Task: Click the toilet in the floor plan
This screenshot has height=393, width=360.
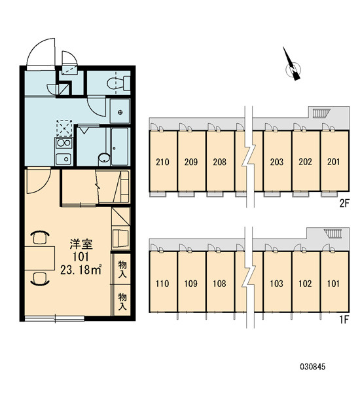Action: tap(118, 83)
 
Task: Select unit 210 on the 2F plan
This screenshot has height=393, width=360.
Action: tap(162, 162)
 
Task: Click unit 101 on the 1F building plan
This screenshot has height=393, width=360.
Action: tap(333, 284)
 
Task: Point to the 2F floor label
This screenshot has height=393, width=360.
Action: tap(344, 203)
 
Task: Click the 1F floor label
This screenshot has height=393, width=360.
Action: tap(344, 320)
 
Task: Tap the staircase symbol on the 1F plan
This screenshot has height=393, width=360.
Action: tap(333, 233)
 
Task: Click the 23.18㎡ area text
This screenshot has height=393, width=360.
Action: tap(81, 270)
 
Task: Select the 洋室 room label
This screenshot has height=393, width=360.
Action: tap(81, 244)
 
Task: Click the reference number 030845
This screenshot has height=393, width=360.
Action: tap(313, 367)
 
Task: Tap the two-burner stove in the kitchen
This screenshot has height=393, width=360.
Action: tap(63, 143)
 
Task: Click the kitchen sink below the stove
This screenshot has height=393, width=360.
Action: tap(63, 159)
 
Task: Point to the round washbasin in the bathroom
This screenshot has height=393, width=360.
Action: tap(104, 158)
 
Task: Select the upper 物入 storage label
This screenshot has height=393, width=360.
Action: tap(122, 269)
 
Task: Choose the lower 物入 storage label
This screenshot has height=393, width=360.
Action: tap(122, 302)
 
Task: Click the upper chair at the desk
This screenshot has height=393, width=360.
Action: tap(40, 237)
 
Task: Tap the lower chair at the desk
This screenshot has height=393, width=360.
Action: tap(40, 279)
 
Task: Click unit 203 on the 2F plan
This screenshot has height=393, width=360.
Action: tap(277, 162)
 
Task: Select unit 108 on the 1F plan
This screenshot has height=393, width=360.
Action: tap(219, 284)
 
